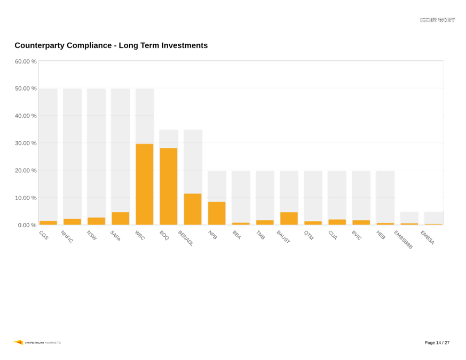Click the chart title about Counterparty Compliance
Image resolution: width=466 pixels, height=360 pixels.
pos(111,45)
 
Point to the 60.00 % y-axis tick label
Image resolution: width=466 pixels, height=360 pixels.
pos(26,61)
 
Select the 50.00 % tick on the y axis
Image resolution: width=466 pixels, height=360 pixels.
pos(26,89)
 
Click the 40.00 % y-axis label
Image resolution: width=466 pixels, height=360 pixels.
pos(26,116)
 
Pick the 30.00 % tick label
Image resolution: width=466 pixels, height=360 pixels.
pos(26,143)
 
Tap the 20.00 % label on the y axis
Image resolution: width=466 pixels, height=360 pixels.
pos(26,171)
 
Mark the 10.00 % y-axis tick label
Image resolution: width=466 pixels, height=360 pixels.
pos(26,198)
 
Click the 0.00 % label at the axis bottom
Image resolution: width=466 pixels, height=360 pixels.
pos(27,225)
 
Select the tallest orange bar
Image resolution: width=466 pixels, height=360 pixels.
pos(145,184)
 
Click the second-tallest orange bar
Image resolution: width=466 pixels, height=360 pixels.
pos(169,186)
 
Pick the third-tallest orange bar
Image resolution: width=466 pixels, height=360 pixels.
pos(193,209)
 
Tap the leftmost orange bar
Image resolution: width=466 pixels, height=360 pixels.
pos(48,222)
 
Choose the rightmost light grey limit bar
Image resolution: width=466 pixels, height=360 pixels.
pos(433,217)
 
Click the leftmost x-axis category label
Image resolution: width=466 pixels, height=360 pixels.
pos(44,235)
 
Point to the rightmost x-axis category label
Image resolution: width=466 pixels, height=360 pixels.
pos(428,238)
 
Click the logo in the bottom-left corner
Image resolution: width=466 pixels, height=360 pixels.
pos(36,342)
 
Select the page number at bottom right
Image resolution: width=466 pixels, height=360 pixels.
pos(437,342)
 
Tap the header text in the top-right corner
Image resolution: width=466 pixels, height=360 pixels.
pos(438,20)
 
